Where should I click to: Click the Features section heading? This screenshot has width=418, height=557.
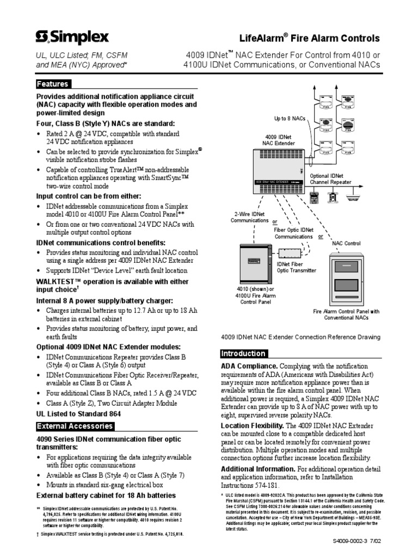point(52,84)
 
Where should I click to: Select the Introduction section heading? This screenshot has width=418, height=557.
point(243,354)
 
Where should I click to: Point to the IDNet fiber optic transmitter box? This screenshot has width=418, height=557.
point(291,254)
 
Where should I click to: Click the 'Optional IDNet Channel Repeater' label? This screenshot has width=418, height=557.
point(330,180)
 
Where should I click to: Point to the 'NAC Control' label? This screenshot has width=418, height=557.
point(346,243)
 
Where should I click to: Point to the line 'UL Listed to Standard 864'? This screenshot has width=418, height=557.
point(78,413)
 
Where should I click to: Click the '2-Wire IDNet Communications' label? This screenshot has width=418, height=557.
point(249,217)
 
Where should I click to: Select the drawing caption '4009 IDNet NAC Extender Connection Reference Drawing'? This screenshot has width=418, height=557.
point(300,337)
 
